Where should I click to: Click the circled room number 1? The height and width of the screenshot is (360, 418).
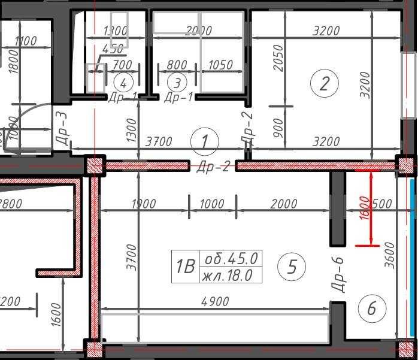(205, 142)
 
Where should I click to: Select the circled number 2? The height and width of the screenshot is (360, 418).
(325, 83)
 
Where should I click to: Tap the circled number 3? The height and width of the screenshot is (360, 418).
(177, 82)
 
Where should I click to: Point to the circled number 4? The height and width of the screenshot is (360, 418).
(123, 82)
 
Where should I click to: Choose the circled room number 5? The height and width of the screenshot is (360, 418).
(292, 266)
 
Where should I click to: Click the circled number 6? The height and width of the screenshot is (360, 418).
(371, 308)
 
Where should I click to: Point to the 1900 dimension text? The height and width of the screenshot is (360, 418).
(143, 204)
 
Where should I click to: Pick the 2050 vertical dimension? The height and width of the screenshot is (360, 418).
(278, 58)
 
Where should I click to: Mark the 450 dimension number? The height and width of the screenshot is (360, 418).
(113, 49)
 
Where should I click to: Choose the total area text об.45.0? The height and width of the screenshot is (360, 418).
(231, 259)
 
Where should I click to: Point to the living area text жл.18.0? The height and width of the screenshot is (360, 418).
(231, 275)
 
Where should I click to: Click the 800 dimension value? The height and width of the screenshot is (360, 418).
(177, 65)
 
